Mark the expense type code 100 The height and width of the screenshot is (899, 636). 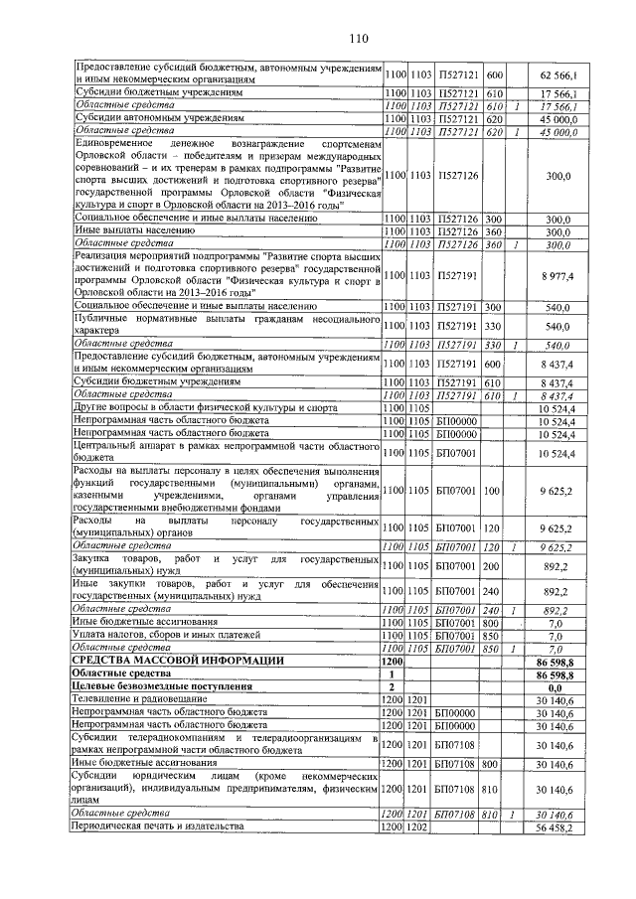(x=491, y=490)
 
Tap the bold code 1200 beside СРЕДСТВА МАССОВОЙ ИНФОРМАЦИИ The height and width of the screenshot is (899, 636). (x=392, y=661)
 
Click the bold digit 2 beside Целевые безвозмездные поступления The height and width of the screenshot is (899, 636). (x=392, y=686)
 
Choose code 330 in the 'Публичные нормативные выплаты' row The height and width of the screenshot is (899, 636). (x=491, y=325)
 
